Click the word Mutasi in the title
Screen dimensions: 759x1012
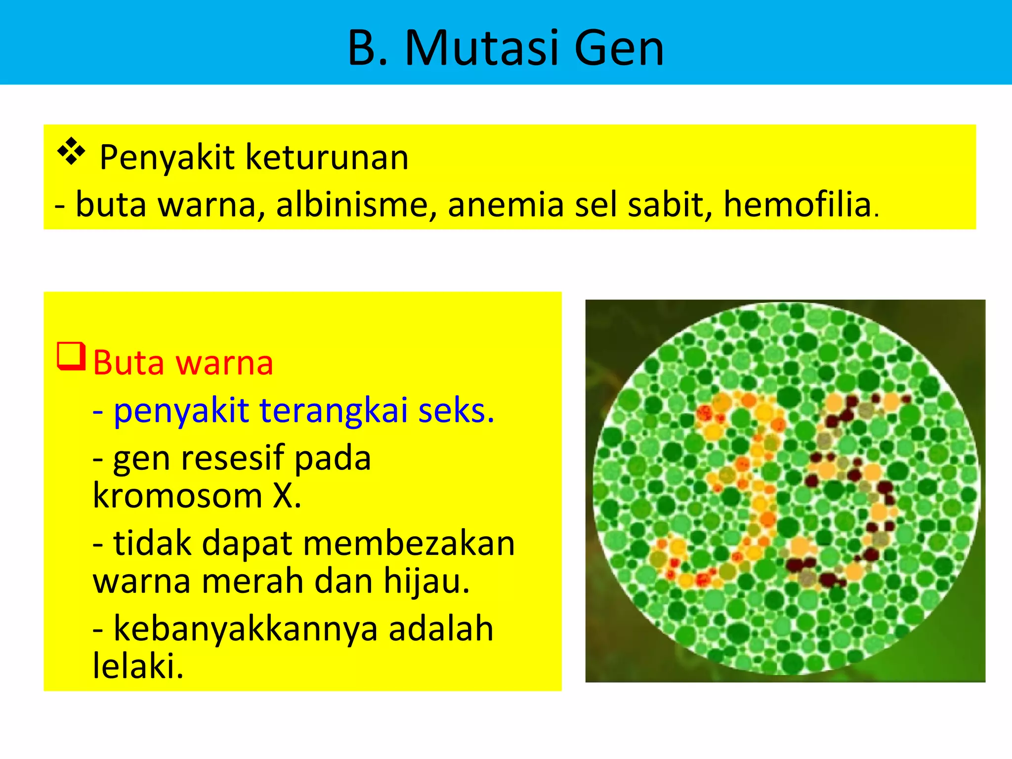[x=482, y=48]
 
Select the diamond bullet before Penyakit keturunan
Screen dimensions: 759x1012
[x=71, y=151]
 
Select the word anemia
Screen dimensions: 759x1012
[x=506, y=205]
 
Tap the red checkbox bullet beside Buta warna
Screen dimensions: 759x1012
[x=71, y=356]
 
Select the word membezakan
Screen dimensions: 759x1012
[x=409, y=543]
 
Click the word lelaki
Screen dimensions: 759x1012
[x=137, y=666]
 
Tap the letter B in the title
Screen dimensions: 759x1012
[x=363, y=48]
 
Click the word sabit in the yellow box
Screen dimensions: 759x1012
[x=670, y=205]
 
